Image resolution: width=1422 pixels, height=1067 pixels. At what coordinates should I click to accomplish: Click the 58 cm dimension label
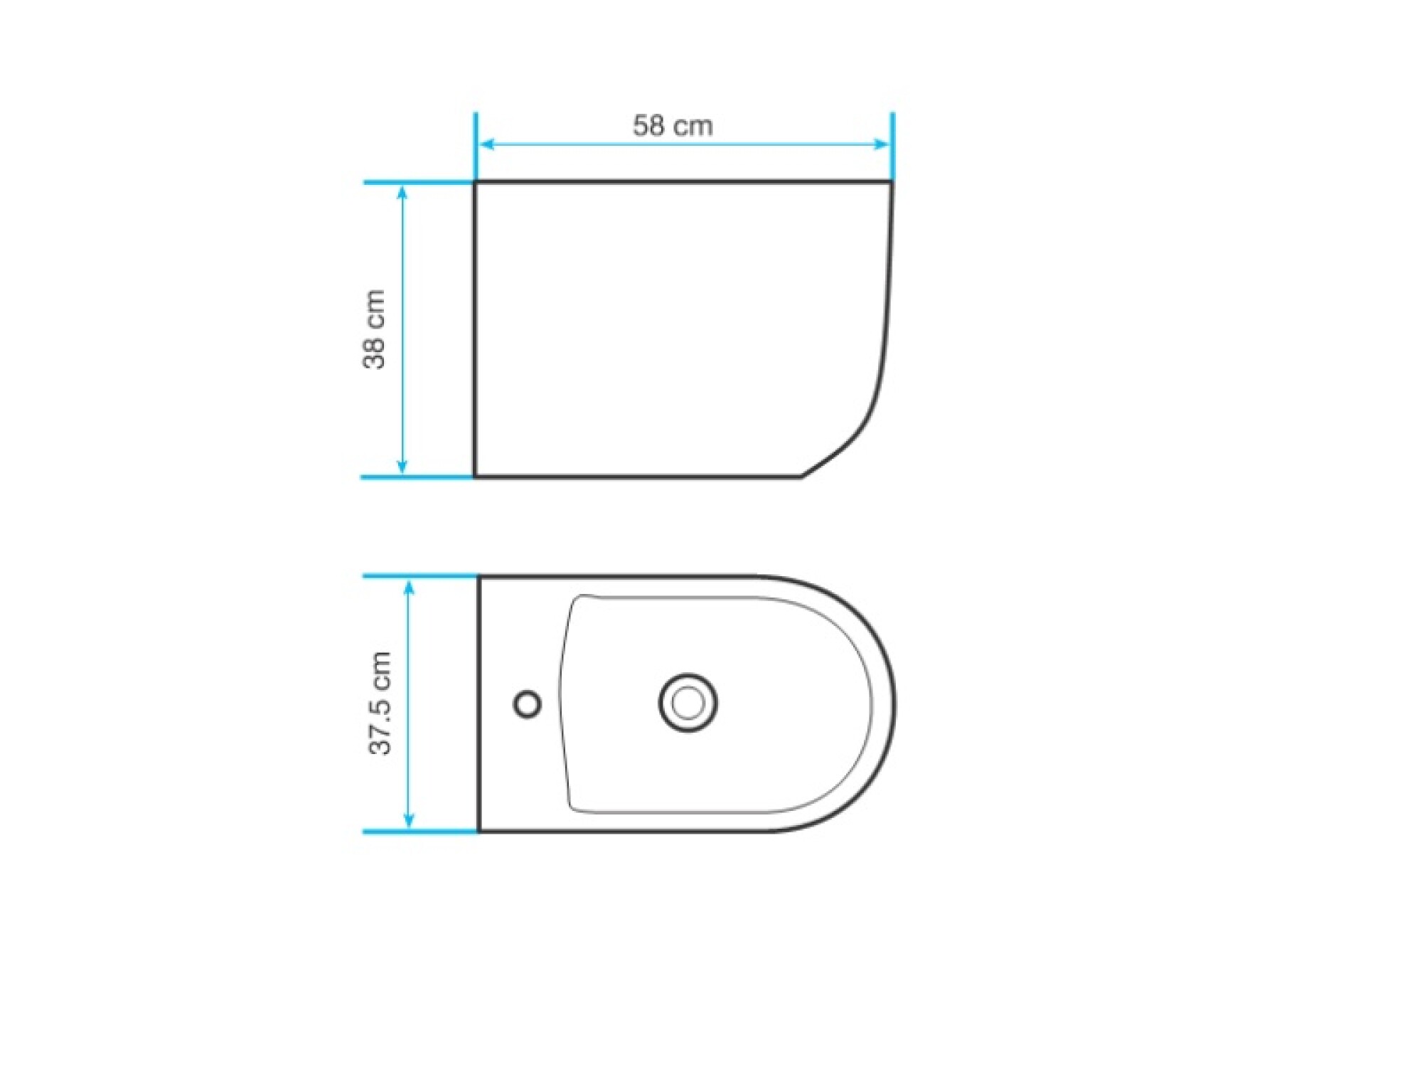(673, 126)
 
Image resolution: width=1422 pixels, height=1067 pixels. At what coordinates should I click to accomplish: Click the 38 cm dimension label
(374, 329)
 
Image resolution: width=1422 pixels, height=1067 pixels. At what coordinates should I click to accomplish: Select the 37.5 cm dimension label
(380, 703)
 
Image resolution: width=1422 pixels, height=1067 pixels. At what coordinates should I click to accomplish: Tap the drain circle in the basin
(688, 704)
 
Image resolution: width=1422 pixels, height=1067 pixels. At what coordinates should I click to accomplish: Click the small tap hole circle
(527, 704)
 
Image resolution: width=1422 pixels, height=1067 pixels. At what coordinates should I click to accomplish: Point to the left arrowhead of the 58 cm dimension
(487, 144)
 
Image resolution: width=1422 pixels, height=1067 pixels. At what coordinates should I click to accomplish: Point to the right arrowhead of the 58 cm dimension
(881, 144)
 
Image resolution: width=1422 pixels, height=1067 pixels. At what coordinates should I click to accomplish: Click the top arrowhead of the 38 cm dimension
(402, 193)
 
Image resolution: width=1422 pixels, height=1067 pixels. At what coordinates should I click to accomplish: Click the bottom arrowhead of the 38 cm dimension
(402, 466)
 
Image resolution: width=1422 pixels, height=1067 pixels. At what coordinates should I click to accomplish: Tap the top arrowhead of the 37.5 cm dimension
(409, 589)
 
